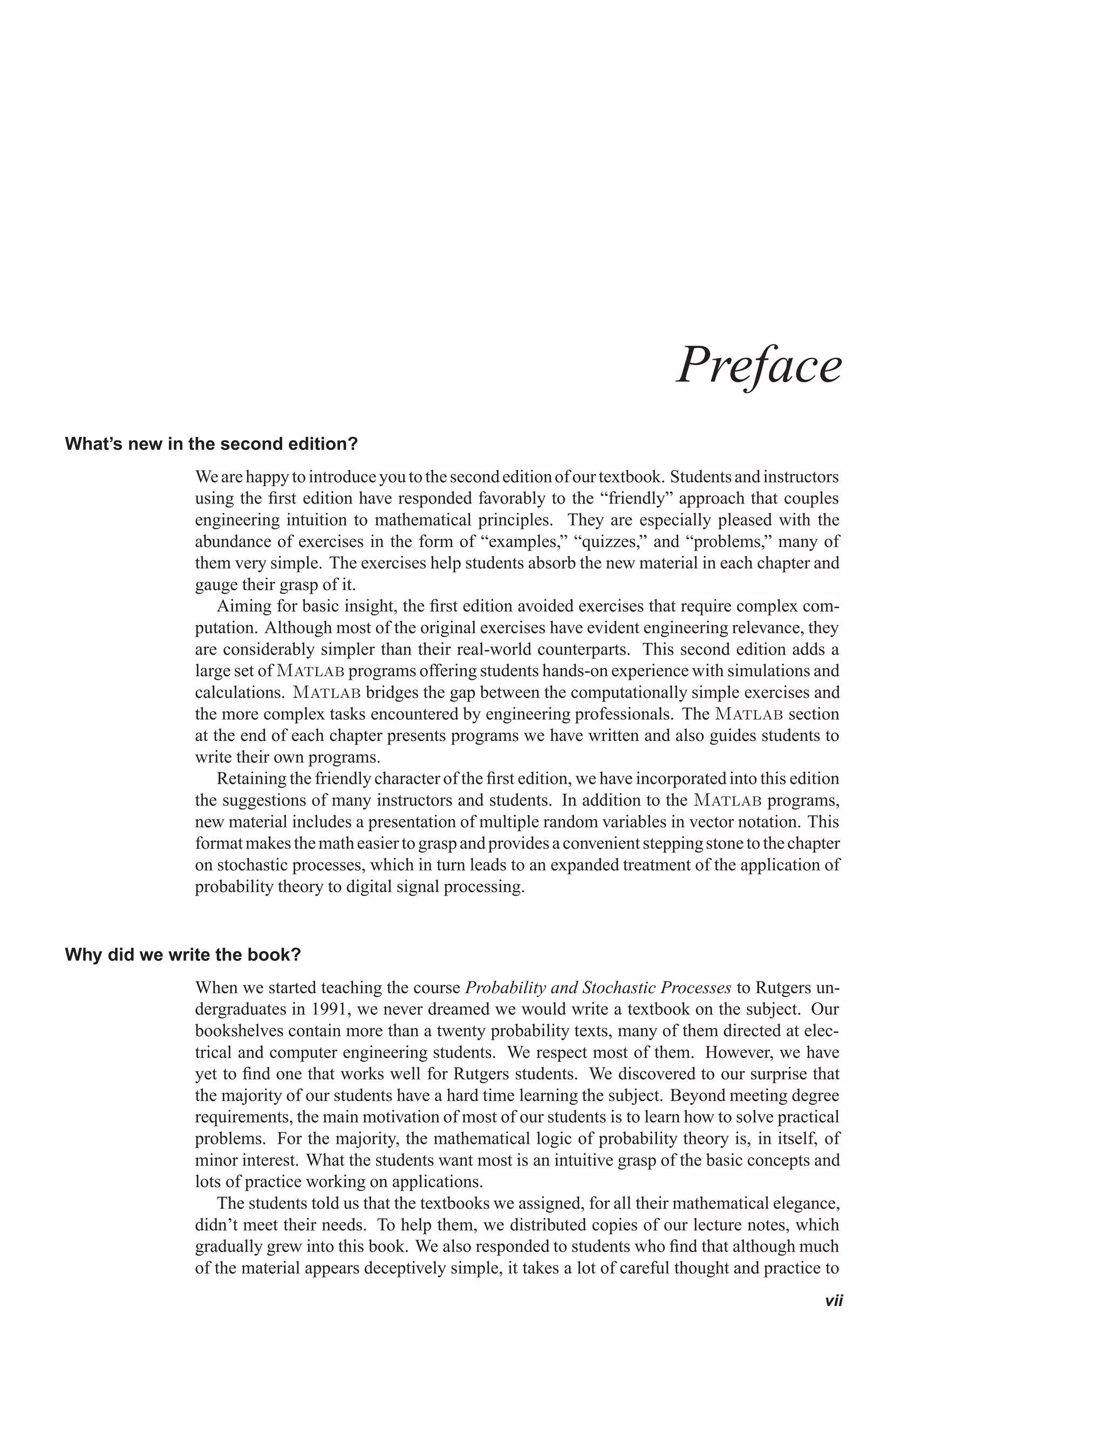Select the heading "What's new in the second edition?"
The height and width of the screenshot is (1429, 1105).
click(212, 444)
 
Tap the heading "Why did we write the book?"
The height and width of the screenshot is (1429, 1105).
click(183, 954)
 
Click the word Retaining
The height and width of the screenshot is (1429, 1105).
click(253, 779)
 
